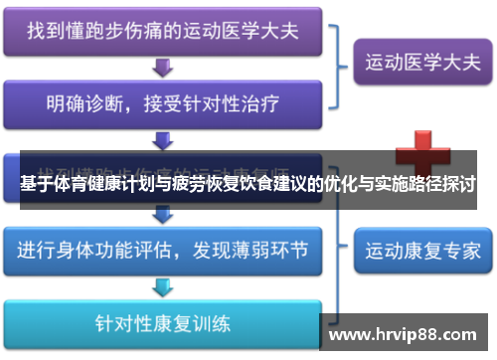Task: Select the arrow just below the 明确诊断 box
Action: click(x=161, y=138)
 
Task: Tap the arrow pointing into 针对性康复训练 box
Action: click(x=161, y=286)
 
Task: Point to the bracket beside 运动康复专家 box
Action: click(x=343, y=248)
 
